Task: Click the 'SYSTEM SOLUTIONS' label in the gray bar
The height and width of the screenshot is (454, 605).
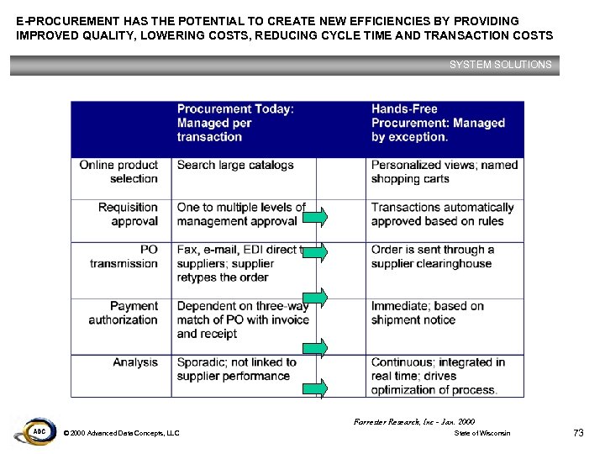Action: [x=500, y=65]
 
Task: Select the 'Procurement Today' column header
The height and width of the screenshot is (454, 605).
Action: [x=235, y=123]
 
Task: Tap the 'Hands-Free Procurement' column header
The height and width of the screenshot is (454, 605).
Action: [x=438, y=123]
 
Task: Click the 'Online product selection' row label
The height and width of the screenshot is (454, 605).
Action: [x=118, y=172]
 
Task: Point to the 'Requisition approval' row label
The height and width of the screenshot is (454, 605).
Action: [x=128, y=214]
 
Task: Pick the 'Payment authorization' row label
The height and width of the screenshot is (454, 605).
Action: [x=124, y=313]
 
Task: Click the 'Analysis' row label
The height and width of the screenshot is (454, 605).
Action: [x=135, y=362]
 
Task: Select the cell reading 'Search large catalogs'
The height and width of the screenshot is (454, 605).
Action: [x=235, y=165]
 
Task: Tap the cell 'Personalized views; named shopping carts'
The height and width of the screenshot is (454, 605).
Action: [x=445, y=172]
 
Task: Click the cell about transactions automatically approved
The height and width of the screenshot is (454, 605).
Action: [x=442, y=214]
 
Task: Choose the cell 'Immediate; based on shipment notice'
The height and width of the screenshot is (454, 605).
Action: [x=428, y=313]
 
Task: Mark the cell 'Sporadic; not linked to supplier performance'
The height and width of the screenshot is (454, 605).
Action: [x=237, y=369]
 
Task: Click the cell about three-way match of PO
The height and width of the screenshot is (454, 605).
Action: [x=242, y=319]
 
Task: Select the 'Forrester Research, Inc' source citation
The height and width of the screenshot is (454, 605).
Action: [x=415, y=420]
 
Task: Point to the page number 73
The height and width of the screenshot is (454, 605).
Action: [x=577, y=433]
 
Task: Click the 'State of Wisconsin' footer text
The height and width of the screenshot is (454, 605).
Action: [x=482, y=433]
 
